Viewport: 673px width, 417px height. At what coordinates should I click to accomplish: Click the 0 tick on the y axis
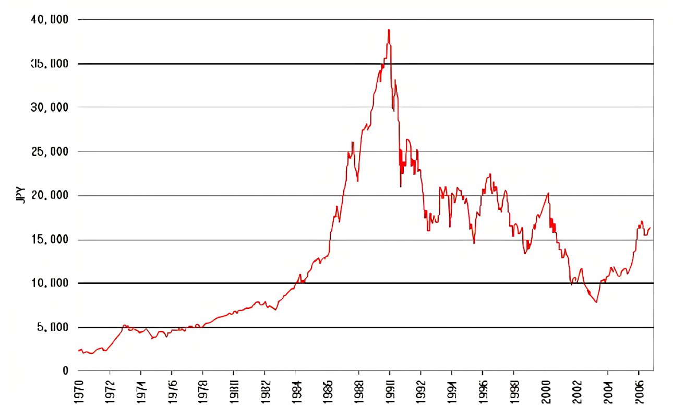pyautogui.click(x=65, y=371)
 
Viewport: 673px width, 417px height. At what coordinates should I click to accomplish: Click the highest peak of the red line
pyautogui.click(x=389, y=30)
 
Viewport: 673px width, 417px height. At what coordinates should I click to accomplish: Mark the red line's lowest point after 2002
pyautogui.click(x=596, y=302)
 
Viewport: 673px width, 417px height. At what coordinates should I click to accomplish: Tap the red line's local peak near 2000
pyautogui.click(x=548, y=193)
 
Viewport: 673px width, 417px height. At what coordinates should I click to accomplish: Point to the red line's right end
pyautogui.click(x=651, y=228)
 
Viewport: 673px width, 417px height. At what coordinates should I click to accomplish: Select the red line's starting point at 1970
pyautogui.click(x=79, y=351)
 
